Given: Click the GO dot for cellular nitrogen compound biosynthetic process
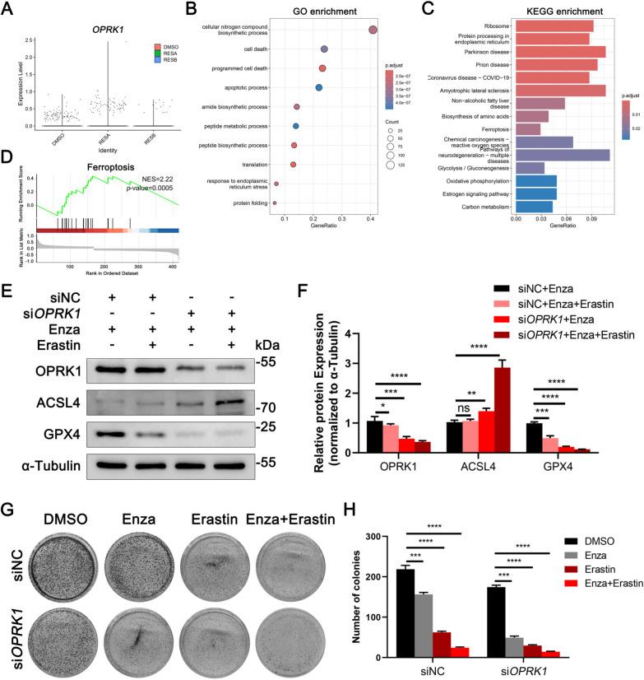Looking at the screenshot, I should (x=373, y=30).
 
